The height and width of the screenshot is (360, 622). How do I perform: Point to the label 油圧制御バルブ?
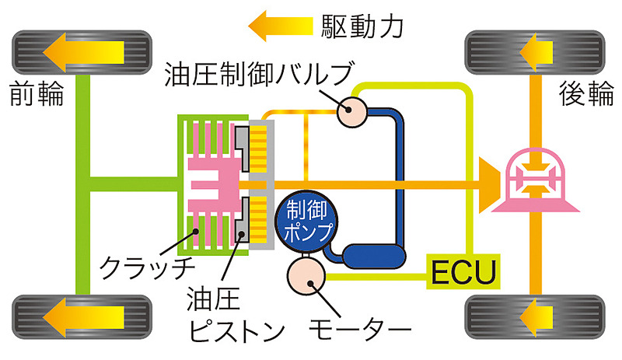(253, 75)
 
